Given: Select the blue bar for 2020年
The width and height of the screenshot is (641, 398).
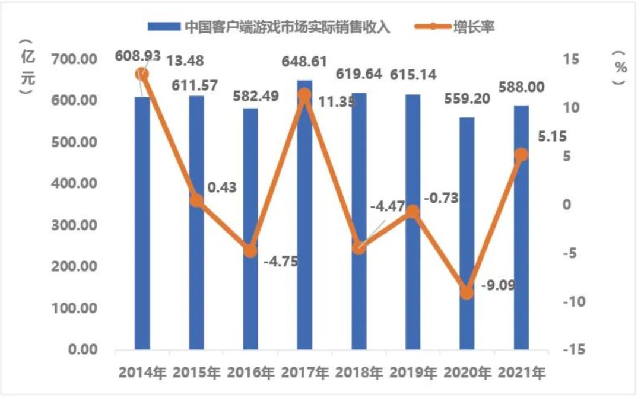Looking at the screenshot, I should tap(467, 237).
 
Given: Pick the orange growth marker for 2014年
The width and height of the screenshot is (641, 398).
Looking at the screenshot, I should tap(142, 74).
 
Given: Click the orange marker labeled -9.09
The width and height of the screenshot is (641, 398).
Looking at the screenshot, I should tap(467, 292).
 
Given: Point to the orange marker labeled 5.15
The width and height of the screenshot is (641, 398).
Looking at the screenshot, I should tap(521, 155).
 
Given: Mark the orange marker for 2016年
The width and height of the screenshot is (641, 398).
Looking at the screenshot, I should tap(250, 250).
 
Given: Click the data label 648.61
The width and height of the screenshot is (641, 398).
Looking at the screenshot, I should tap(304, 60).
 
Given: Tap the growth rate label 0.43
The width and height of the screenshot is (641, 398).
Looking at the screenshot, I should tap(222, 187).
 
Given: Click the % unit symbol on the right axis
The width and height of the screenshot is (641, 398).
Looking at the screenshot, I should tap(621, 68).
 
